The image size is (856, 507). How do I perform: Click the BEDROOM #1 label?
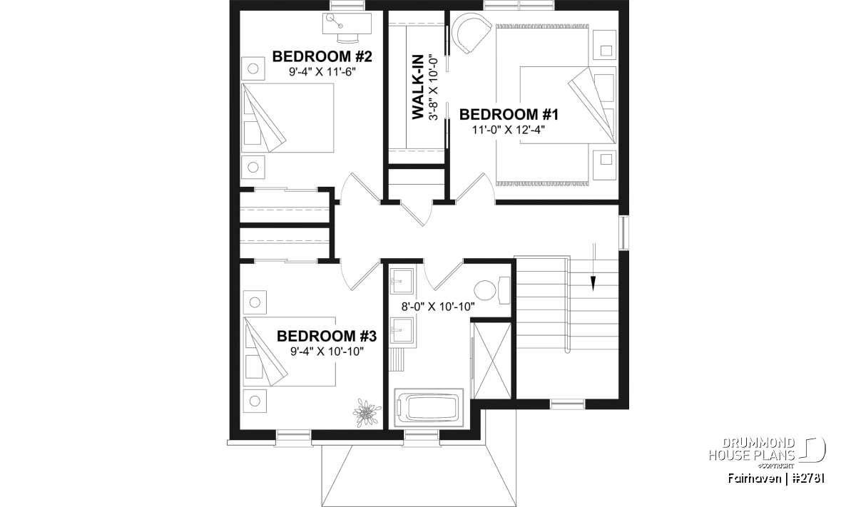[509, 114]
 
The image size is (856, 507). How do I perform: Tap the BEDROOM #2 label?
[322, 56]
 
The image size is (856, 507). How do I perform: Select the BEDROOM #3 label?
[327, 336]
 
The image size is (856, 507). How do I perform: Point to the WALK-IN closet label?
[418, 87]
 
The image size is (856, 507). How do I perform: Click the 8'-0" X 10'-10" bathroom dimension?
[438, 307]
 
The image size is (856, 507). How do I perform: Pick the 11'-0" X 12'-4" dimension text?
[509, 130]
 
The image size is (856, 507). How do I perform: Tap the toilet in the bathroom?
[491, 290]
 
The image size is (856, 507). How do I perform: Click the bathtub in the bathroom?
[429, 408]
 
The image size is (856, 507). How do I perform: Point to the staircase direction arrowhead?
[593, 284]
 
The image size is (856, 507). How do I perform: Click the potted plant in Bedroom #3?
[367, 413]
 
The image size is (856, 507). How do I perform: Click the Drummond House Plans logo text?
[752, 449]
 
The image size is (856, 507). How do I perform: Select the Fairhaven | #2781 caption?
[776, 478]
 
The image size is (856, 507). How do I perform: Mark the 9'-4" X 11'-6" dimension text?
[322, 72]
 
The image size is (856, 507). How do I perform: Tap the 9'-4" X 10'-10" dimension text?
[327, 352]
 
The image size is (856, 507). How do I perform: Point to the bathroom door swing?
[442, 275]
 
